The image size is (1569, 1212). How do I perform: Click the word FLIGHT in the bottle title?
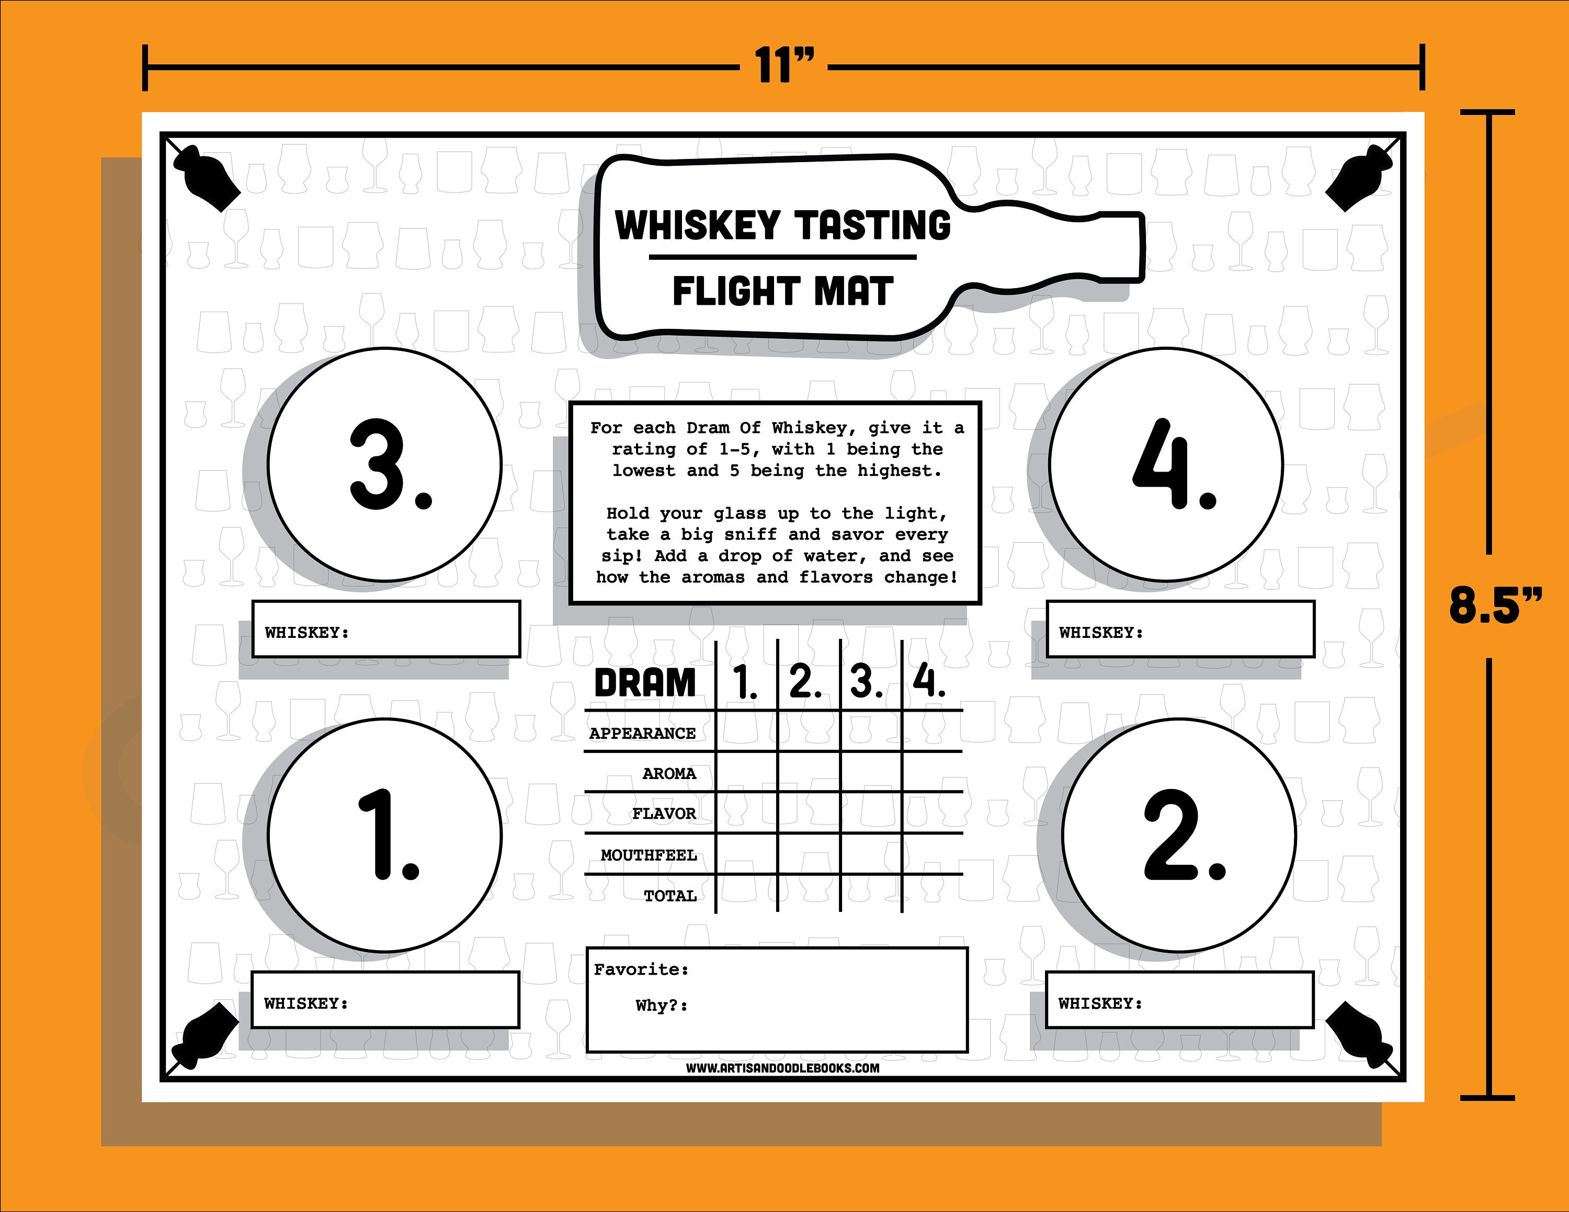pyautogui.click(x=736, y=292)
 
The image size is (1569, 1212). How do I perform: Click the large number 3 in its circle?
pyautogui.click(x=384, y=465)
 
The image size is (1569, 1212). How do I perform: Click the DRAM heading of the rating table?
pyautogui.click(x=644, y=682)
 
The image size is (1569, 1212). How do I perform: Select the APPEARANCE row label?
pyautogui.click(x=642, y=733)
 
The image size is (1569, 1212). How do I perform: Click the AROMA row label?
pyautogui.click(x=669, y=773)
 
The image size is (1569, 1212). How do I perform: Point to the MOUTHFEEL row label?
pyautogui.click(x=648, y=855)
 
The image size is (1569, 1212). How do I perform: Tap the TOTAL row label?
pyautogui.click(x=669, y=895)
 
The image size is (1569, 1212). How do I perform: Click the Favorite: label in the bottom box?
pyautogui.click(x=641, y=969)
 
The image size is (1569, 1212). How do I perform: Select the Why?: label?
pyautogui.click(x=661, y=1005)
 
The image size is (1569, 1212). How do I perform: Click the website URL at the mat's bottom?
pyautogui.click(x=782, y=1068)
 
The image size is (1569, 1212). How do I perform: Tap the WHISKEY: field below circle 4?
pyautogui.click(x=1179, y=630)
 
